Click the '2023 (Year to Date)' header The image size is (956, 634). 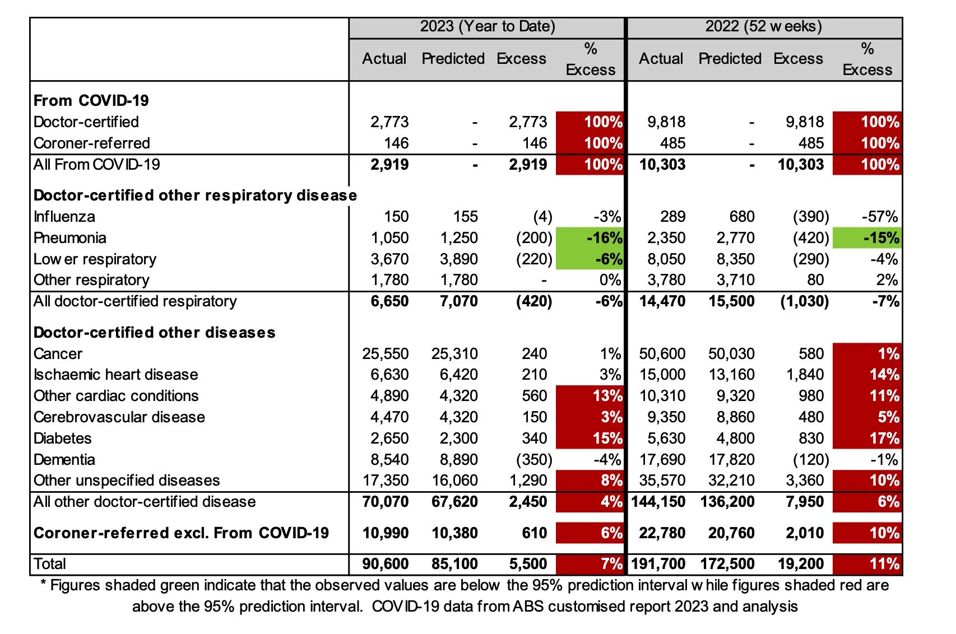(487, 26)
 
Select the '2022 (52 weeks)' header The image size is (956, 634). (763, 26)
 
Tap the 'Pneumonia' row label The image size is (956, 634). (69, 238)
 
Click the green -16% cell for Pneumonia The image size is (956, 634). (590, 238)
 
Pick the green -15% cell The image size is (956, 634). (867, 238)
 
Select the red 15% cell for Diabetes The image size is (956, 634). (590, 439)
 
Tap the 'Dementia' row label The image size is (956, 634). (64, 460)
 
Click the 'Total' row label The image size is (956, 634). (49, 564)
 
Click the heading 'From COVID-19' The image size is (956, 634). (91, 101)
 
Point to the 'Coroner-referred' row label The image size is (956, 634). (91, 143)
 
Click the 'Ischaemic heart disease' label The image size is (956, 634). (115, 375)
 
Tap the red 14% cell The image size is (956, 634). (867, 375)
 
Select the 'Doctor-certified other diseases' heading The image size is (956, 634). (154, 333)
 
